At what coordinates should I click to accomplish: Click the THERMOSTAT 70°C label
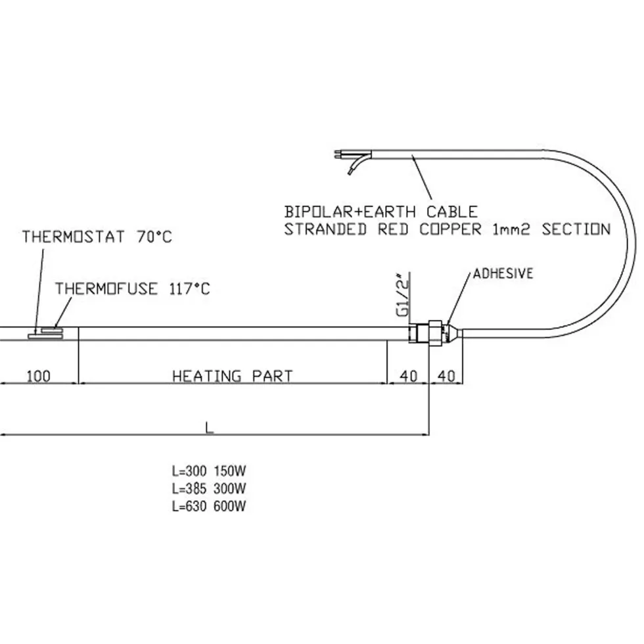pyautogui.click(x=97, y=237)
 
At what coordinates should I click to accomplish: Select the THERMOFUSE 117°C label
pyautogui.click(x=133, y=288)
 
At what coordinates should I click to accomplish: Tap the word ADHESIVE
pyautogui.click(x=503, y=273)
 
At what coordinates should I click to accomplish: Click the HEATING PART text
pyautogui.click(x=233, y=376)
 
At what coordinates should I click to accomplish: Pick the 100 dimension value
pyautogui.click(x=39, y=376)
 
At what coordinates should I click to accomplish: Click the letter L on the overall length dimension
pyautogui.click(x=210, y=428)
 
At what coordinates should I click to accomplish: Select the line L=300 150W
pyautogui.click(x=209, y=471)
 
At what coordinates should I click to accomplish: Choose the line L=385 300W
pyautogui.click(x=209, y=488)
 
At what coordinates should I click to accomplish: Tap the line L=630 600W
pyautogui.click(x=209, y=506)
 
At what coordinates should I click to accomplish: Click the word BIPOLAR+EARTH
pyautogui.click(x=350, y=212)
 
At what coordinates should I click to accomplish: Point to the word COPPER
pyautogui.click(x=450, y=229)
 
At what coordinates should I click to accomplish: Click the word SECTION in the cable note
pyautogui.click(x=576, y=229)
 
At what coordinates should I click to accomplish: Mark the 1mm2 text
pyautogui.click(x=511, y=229)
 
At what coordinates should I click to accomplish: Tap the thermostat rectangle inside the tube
pyautogui.click(x=45, y=336)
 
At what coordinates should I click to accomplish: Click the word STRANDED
pyautogui.click(x=325, y=229)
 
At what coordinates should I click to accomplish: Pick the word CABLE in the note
pyautogui.click(x=452, y=212)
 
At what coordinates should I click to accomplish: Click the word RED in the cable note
pyautogui.click(x=393, y=229)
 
